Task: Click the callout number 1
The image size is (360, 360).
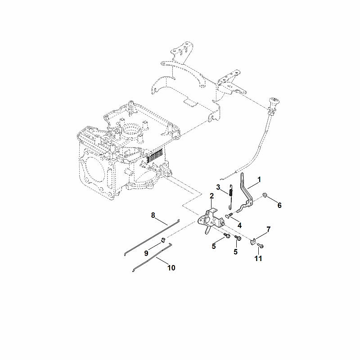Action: coord(259,180)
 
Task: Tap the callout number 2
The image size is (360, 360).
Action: coord(211,196)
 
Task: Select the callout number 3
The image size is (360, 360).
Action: coord(218,187)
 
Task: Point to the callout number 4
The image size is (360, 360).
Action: coord(239,225)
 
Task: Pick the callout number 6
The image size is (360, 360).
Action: coord(279,205)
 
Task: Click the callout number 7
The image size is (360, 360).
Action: coord(268,229)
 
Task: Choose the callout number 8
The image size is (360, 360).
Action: coord(153,216)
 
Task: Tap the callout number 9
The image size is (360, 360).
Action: coord(146,253)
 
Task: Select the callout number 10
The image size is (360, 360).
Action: coord(171,268)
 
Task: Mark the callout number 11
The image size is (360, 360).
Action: coord(258,258)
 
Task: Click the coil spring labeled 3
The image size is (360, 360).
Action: coord(231,197)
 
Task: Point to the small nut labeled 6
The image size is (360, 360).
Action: coord(265,195)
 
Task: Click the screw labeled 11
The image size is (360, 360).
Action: coord(261,245)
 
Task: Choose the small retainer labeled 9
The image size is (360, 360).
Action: coord(163,240)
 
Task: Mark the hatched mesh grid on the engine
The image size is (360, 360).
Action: coord(154,155)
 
